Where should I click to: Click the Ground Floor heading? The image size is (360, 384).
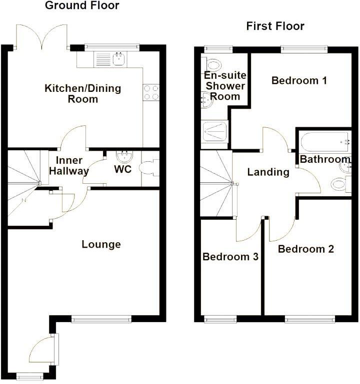82,6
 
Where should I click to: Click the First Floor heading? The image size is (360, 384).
275,26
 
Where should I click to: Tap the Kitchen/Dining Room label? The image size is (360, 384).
83,94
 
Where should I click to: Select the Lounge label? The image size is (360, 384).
101,244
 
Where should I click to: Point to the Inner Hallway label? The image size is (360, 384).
72,166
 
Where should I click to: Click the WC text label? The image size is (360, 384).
123,169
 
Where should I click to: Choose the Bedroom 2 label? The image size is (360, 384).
306,249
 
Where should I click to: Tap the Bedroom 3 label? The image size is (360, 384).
230,257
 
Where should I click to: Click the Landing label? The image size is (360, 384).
268,172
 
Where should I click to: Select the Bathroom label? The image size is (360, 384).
324,159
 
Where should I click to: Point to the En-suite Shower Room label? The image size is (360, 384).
225,86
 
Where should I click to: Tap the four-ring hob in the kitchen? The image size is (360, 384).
151,92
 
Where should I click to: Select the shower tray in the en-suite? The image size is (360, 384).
214,132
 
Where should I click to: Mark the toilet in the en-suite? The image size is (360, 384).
213,64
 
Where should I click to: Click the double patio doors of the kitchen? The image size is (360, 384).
42,37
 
